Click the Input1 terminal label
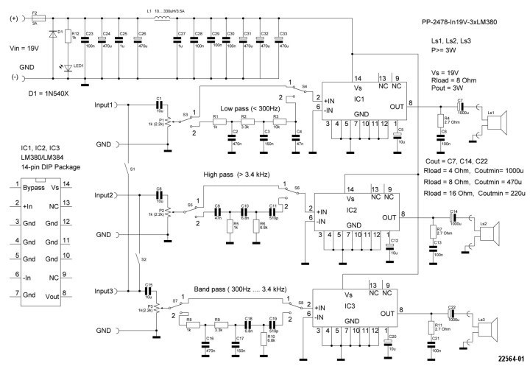[107, 106]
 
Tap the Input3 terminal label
[107, 292]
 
